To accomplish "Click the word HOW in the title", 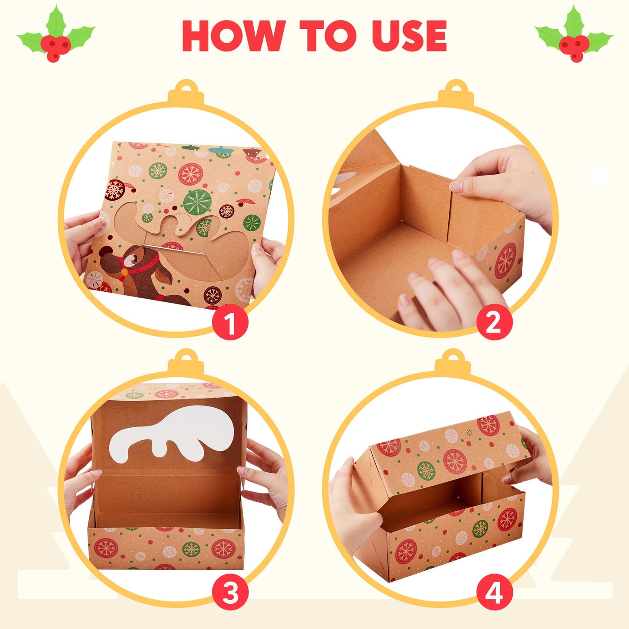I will tap(233, 36).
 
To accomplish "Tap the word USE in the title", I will tap(409, 36).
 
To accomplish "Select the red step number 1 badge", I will tap(230, 323).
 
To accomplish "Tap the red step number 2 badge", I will tap(494, 323).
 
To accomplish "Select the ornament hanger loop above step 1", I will tap(186, 86).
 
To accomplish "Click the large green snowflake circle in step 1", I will tap(197, 201).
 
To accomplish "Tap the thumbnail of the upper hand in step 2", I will tap(455, 186).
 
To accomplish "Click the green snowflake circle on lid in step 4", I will tap(426, 470).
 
